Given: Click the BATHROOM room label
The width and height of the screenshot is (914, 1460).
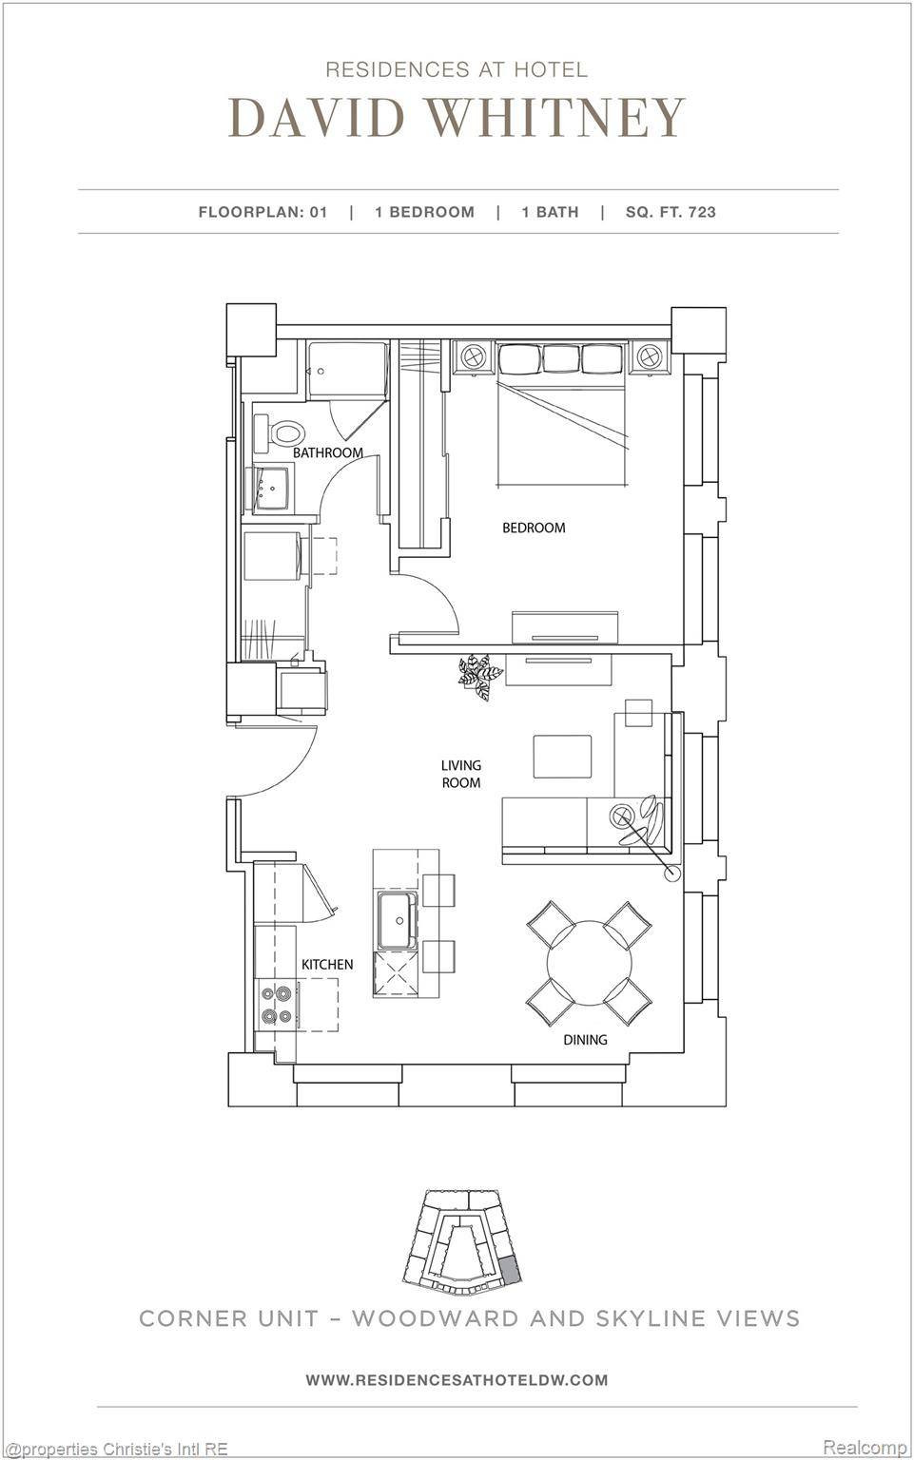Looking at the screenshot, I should click(327, 452).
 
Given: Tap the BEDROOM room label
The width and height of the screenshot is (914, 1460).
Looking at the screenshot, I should click(534, 528).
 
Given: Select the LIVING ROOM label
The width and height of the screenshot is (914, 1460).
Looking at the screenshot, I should click(460, 774).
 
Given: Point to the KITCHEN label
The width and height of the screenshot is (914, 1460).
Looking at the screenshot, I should click(327, 964).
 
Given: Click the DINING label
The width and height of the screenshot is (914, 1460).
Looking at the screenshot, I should click(585, 1039).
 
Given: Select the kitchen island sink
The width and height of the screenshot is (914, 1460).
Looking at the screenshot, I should click(395, 920).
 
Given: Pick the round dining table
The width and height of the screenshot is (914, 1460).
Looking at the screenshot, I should click(589, 963).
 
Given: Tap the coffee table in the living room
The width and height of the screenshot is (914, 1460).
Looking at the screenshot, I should click(562, 757).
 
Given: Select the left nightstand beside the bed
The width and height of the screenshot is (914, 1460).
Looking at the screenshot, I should click(473, 357).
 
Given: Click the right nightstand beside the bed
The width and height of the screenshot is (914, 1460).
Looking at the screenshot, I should click(649, 357).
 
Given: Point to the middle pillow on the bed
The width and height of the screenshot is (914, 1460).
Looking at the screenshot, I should click(560, 358).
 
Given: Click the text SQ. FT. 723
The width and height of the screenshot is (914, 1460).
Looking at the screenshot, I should click(671, 212).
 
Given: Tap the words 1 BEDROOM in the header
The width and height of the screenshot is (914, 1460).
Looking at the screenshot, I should click(424, 212).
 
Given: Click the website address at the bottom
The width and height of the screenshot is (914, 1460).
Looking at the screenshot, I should click(457, 1379).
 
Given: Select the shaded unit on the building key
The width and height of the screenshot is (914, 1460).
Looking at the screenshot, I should click(510, 1269).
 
